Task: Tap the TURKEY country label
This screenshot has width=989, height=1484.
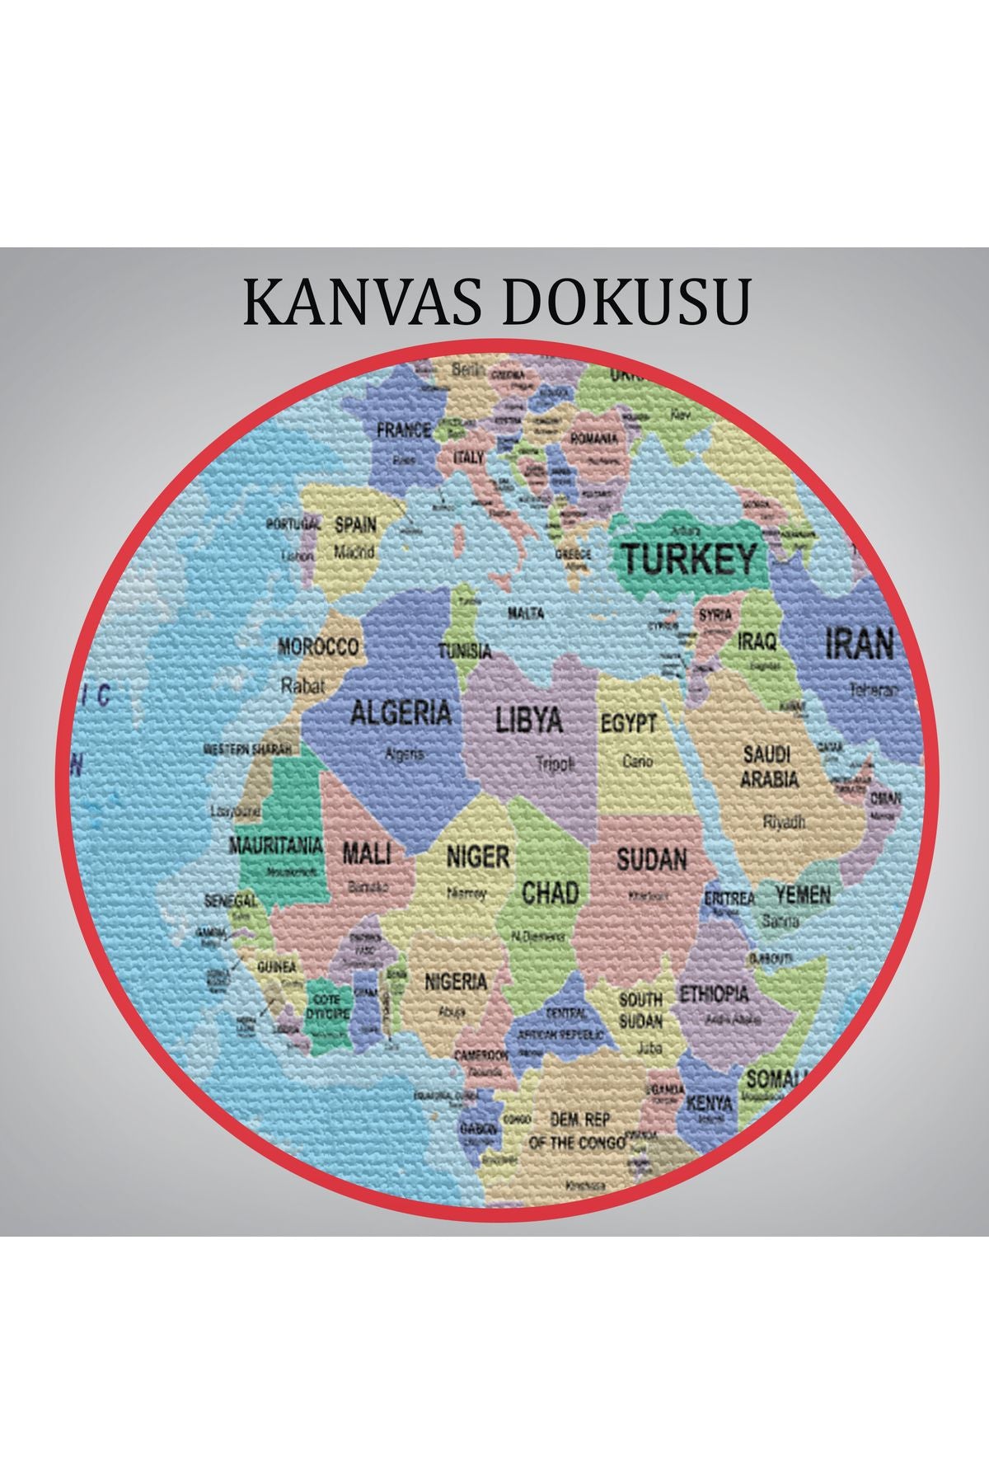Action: click(x=688, y=560)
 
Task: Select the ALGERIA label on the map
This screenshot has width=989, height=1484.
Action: click(x=401, y=712)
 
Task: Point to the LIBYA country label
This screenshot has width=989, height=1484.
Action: click(x=529, y=720)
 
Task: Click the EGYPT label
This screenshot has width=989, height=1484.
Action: click(x=629, y=723)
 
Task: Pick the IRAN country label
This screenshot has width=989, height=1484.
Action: click(x=860, y=643)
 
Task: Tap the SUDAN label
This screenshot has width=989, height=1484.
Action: click(x=652, y=860)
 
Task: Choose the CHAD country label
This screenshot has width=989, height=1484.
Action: click(x=551, y=892)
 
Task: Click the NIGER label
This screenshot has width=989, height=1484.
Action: click(x=478, y=857)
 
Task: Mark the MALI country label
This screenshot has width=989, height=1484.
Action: click(x=366, y=852)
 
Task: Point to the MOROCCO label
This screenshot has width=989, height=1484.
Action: click(x=319, y=646)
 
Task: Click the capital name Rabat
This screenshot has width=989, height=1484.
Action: click(x=303, y=684)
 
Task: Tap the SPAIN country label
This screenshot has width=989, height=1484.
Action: click(x=355, y=524)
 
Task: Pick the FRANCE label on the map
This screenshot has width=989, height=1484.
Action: click(x=404, y=430)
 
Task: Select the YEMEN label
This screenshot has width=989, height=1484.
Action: click(x=803, y=895)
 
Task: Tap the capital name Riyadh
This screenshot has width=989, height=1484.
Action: click(x=784, y=821)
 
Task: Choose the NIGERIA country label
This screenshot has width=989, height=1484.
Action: click(x=456, y=982)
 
